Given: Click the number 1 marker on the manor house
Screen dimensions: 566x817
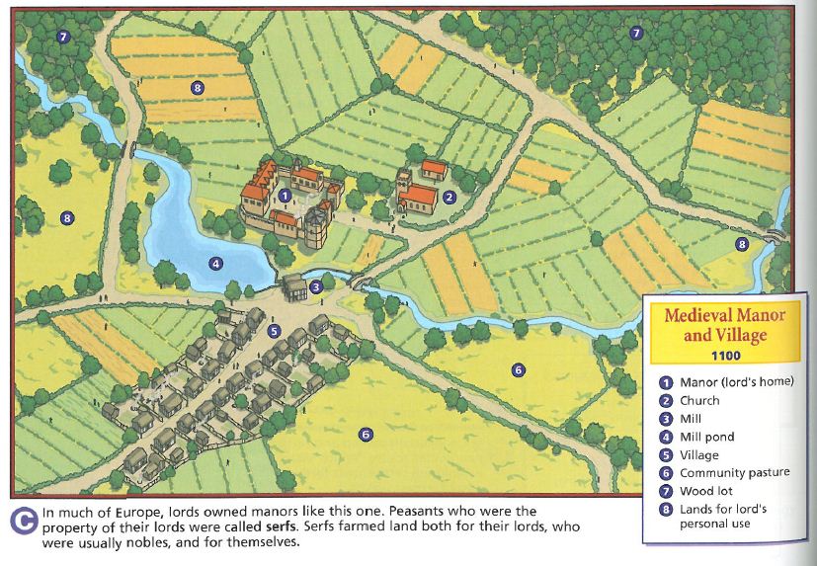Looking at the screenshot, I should pos(285,196).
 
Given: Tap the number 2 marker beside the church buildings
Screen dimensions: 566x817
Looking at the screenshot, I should pos(449,197).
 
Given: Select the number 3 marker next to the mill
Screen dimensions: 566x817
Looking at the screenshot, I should pos(316,287).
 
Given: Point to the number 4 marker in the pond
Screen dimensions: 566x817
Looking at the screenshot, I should pos(214,263).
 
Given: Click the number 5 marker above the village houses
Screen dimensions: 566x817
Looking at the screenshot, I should pos(275,331).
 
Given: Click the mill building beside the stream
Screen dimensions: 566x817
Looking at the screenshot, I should pos(296,288).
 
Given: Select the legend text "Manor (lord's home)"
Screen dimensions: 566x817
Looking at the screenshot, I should pos(736,382).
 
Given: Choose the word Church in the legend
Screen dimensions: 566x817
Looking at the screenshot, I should pos(699,401).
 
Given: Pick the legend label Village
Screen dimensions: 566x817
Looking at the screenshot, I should pos(699,454).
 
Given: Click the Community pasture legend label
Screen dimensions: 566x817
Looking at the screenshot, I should pos(734,473).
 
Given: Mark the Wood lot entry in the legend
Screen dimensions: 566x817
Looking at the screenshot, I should pos(705,491).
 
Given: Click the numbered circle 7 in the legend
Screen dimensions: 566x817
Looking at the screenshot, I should pos(665,491).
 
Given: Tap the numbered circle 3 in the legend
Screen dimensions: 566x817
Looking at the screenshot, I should pos(665,419).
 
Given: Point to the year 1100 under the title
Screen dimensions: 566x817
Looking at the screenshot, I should pos(724,355).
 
